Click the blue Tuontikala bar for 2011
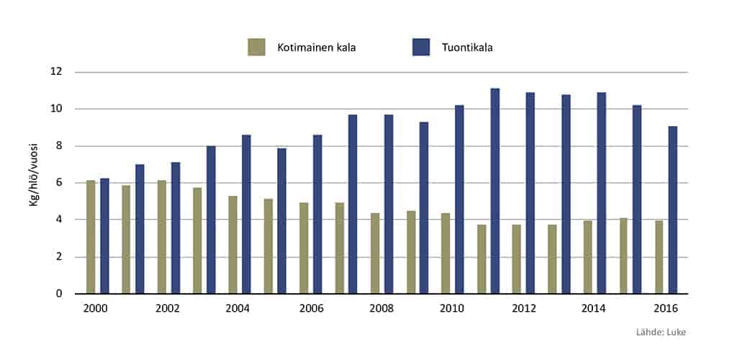coord(495,191)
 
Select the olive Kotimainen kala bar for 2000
coord(91,237)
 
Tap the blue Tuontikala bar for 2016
coord(672,210)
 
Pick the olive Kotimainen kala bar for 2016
coord(659,257)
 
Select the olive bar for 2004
coord(232,245)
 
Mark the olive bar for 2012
coord(517,259)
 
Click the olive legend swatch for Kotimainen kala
coord(256,48)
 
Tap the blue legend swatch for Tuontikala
coord(421,48)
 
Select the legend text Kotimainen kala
coord(317,48)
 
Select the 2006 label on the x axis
coord(311,307)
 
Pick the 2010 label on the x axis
coord(453,307)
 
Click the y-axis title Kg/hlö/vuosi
coord(33,184)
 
